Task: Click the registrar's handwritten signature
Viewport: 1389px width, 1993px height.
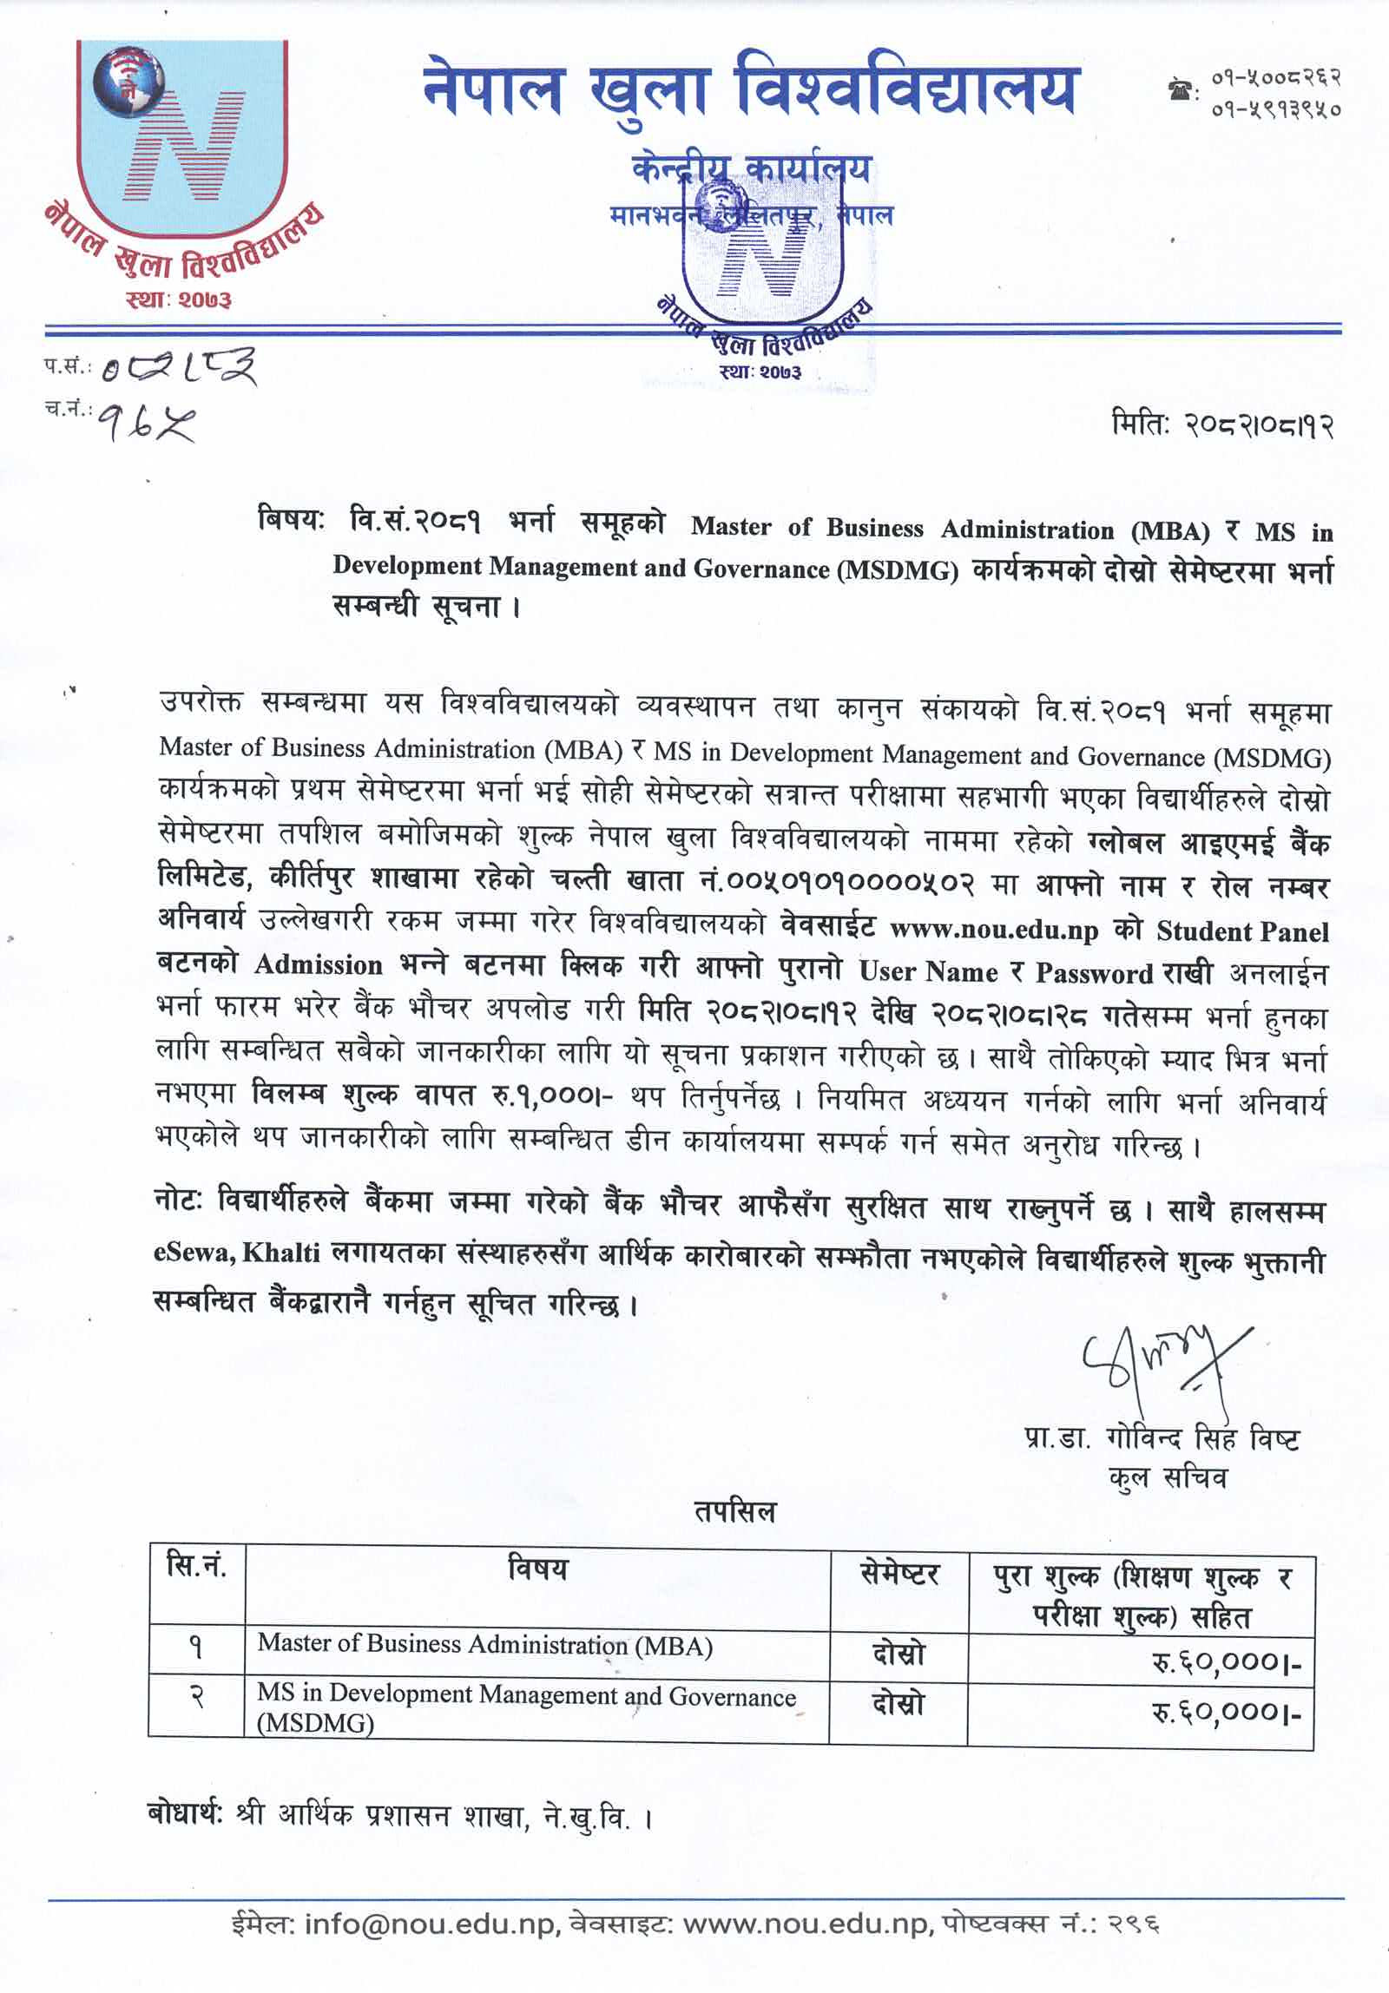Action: pyautogui.click(x=1163, y=1361)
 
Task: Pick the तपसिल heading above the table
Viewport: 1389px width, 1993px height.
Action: pyautogui.click(x=734, y=1513)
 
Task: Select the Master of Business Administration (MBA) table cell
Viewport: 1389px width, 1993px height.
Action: pyautogui.click(x=484, y=1644)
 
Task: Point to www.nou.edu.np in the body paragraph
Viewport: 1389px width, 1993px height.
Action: pyautogui.click(x=994, y=930)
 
